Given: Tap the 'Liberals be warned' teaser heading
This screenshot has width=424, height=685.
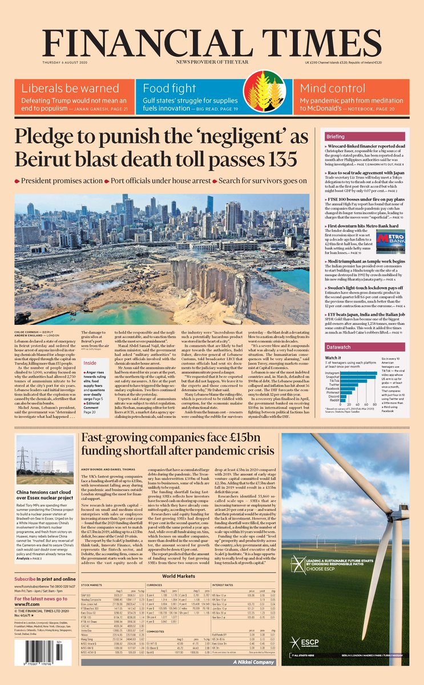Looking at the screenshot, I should tap(62, 88).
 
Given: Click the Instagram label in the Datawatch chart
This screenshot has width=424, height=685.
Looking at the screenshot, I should tap(332, 372).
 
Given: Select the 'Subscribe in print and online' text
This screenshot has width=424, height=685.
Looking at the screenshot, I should tap(43, 579).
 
